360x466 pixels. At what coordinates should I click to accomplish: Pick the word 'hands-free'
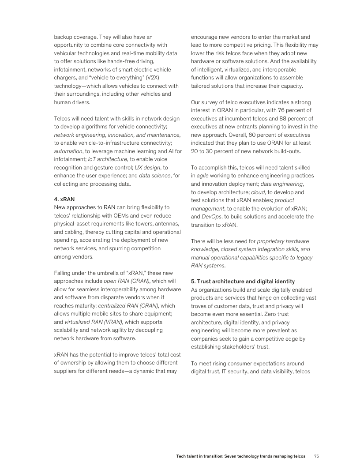coord(123,62)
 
